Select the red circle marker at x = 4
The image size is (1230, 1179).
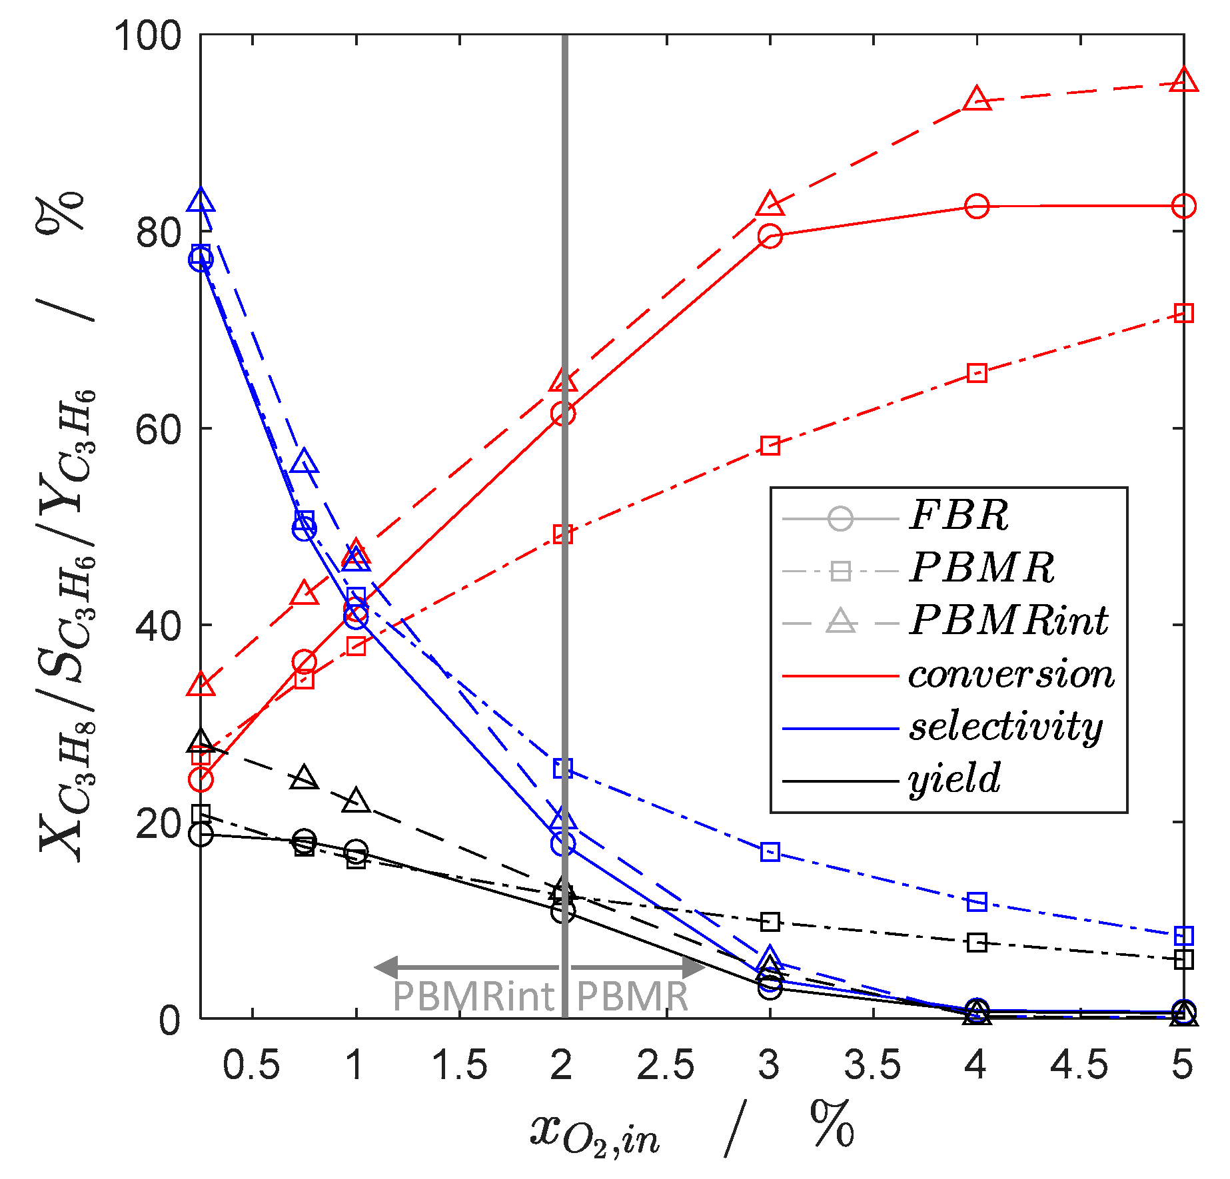pyautogui.click(x=977, y=206)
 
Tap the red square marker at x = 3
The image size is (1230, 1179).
pyautogui.click(x=770, y=446)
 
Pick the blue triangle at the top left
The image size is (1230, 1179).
pyautogui.click(x=201, y=200)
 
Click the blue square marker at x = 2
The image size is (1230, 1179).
pyautogui.click(x=563, y=768)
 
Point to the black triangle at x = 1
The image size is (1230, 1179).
pyautogui.click(x=356, y=801)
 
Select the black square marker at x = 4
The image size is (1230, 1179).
pyautogui.click(x=977, y=943)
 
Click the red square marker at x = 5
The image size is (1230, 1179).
pyautogui.click(x=1183, y=313)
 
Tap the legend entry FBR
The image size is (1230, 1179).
pyautogui.click(x=959, y=516)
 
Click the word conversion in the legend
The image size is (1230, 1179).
pyautogui.click(x=1011, y=674)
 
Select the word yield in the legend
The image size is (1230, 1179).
pyautogui.click(x=954, y=779)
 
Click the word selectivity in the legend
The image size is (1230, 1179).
pyautogui.click(x=1005, y=727)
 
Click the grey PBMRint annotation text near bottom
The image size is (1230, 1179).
pyautogui.click(x=473, y=997)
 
